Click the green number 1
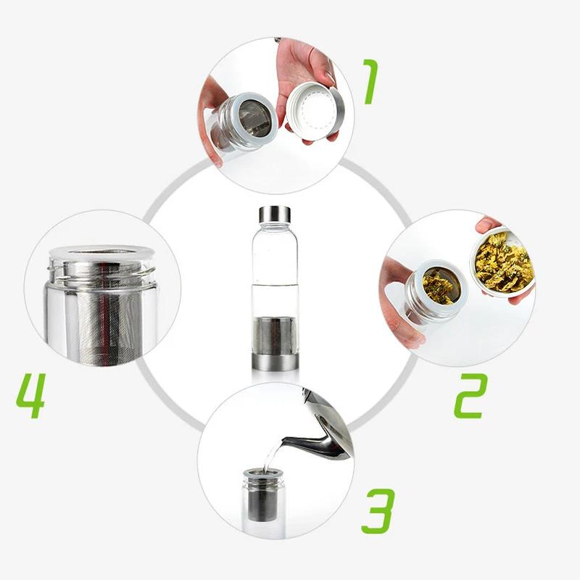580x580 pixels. (371, 81)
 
